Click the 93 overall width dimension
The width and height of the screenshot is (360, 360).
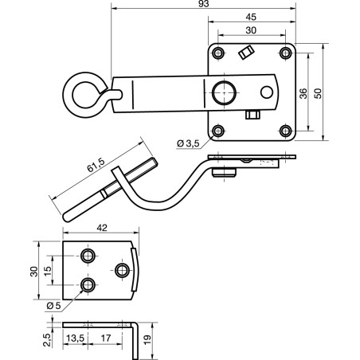coord(204,4)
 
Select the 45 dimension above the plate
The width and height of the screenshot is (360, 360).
coord(251,17)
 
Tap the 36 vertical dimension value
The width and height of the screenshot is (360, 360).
coord(303,93)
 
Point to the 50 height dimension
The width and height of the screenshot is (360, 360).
coord(318,93)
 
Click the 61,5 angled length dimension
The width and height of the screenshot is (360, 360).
coord(96,165)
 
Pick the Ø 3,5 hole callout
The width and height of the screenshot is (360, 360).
coord(188,143)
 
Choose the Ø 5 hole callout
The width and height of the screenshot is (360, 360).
coord(53,306)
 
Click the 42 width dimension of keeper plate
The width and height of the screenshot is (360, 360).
coord(102,228)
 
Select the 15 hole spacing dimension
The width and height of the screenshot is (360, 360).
coord(48,271)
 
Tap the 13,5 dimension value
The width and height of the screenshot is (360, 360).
coord(75,338)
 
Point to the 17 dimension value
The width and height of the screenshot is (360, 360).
coord(106,338)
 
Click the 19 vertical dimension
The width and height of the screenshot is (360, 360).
coord(147,340)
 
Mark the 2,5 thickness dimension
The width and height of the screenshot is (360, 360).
coord(47,340)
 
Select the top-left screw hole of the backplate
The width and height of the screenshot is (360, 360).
coord(218,53)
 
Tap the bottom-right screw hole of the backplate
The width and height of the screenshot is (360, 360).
coord(286,131)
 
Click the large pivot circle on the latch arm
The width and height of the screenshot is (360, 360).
coord(225,92)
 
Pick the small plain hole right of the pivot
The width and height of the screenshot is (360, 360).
coord(267,92)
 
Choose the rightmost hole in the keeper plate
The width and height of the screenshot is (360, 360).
coord(122,271)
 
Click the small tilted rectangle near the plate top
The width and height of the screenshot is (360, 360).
coord(246,53)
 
